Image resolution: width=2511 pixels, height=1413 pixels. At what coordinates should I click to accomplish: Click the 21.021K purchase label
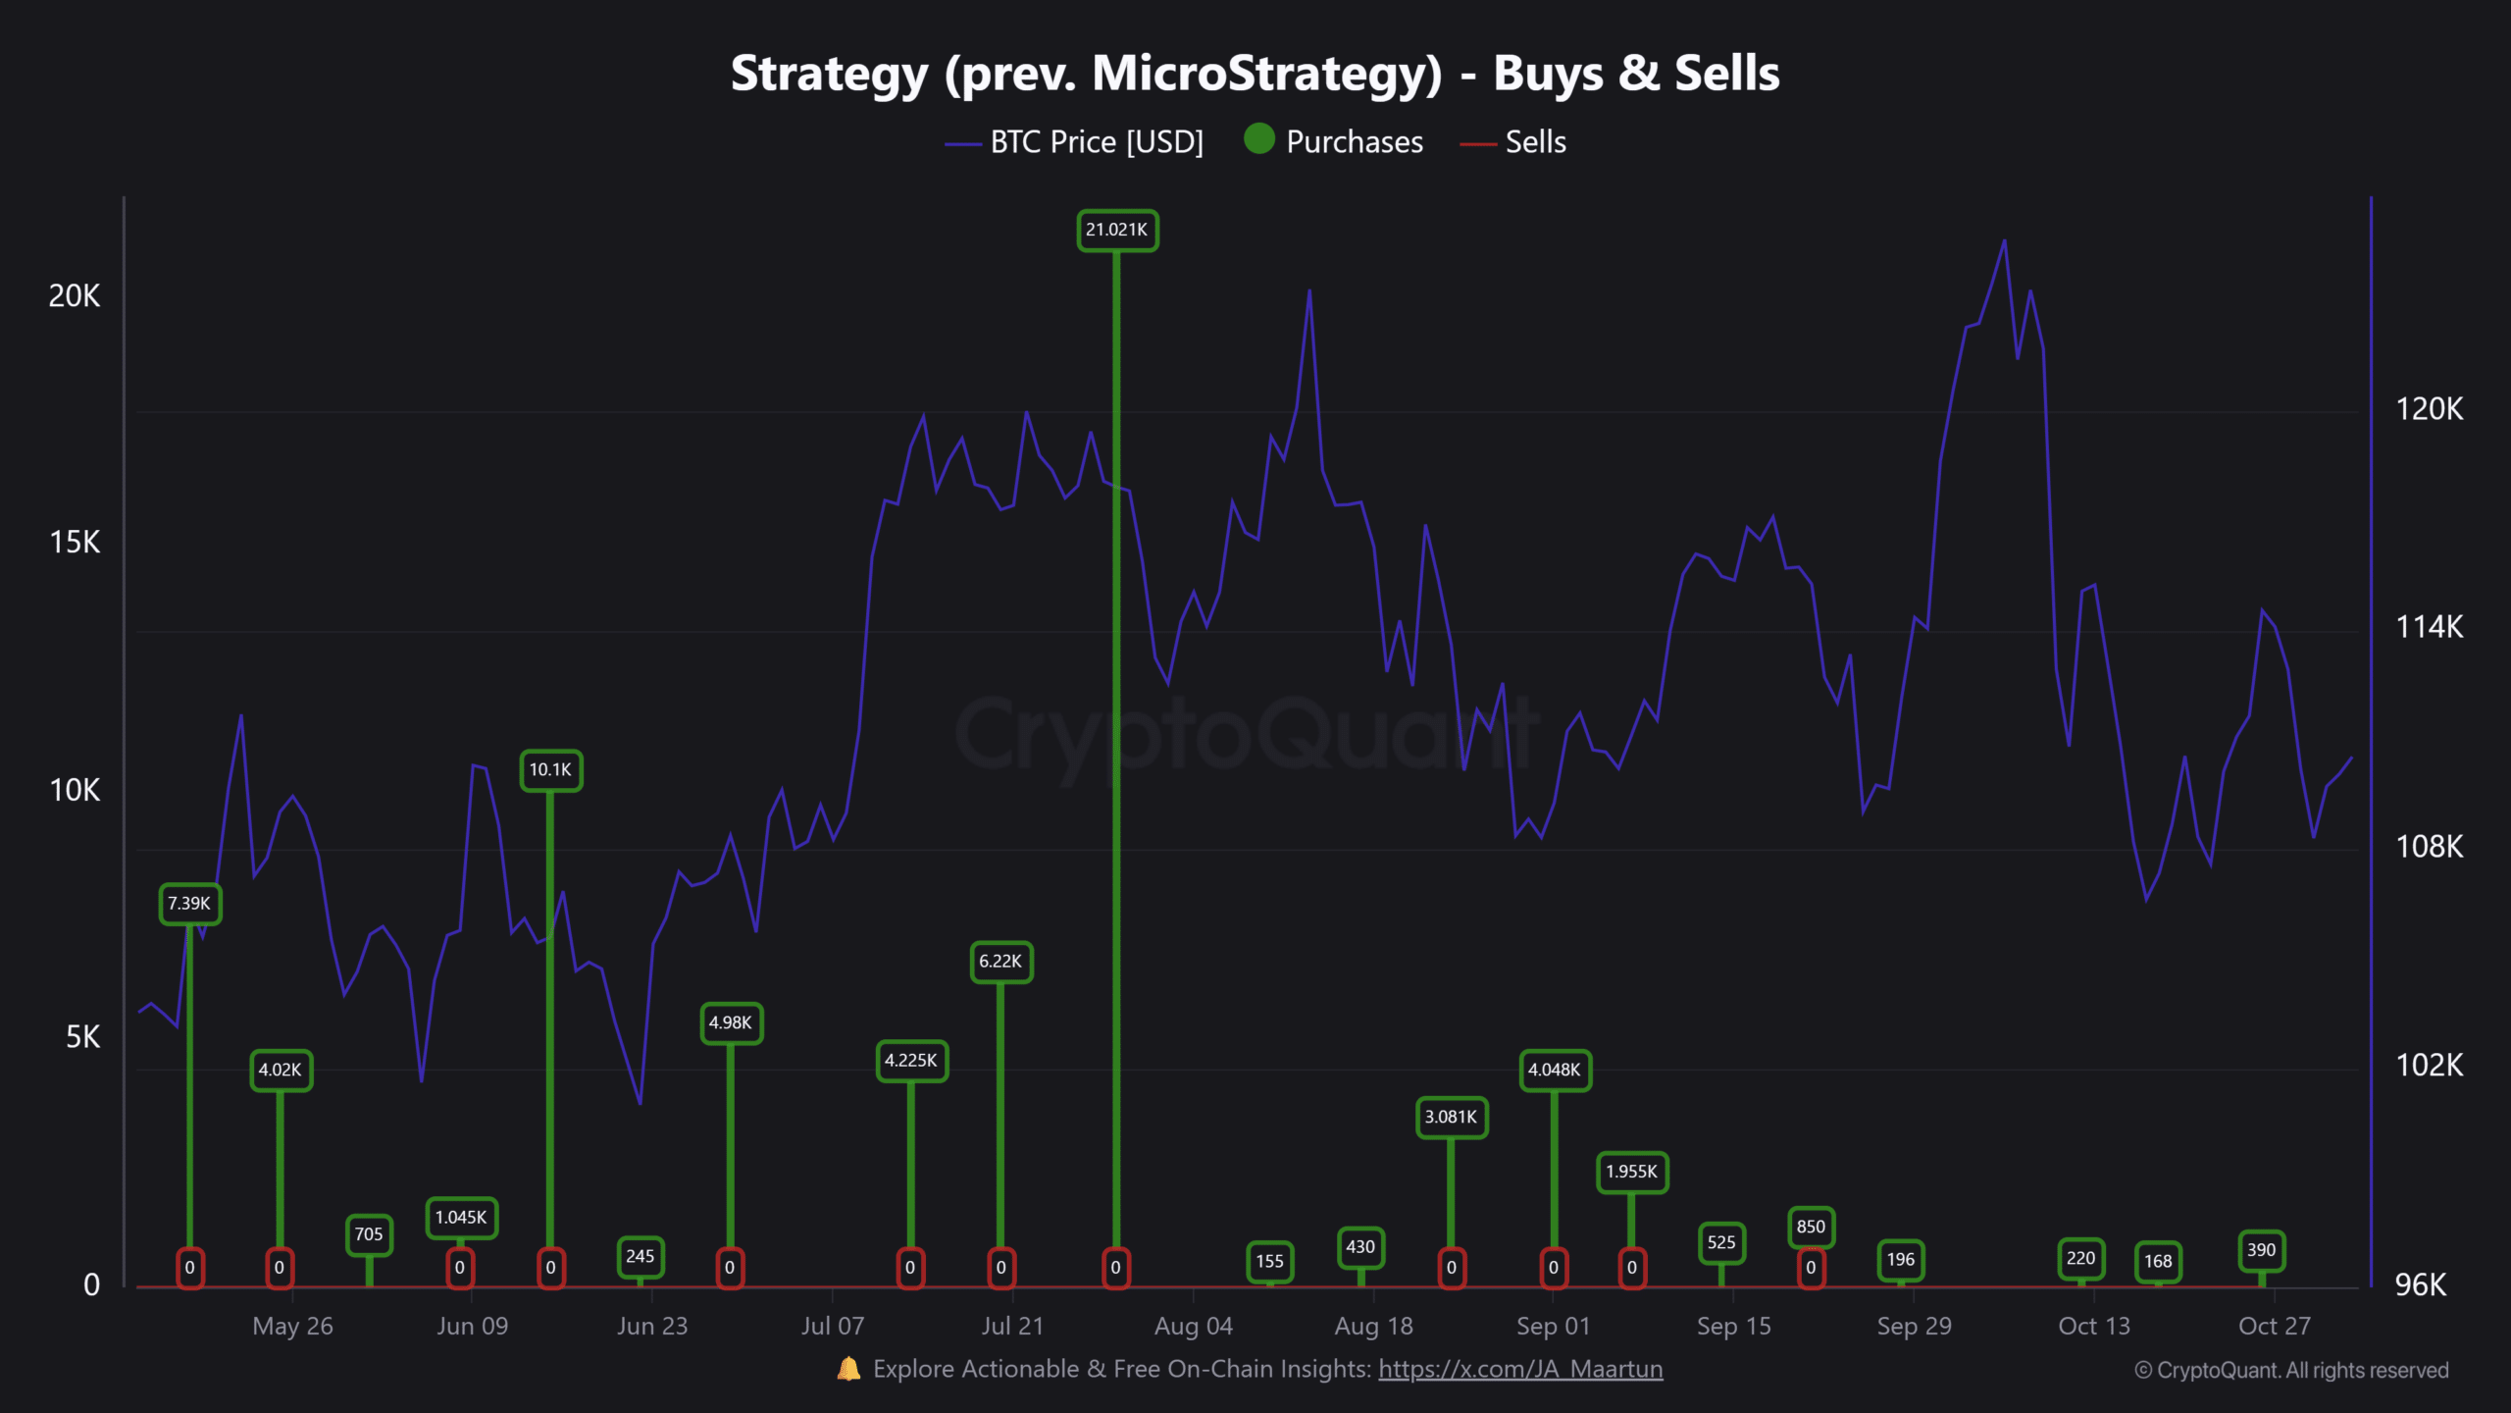[x=1116, y=231]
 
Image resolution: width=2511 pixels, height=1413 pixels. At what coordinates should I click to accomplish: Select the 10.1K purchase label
[x=550, y=770]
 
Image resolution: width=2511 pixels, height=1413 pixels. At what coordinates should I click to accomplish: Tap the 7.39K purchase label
[x=189, y=904]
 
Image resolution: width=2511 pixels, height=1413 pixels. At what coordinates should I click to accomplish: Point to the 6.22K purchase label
[x=1000, y=962]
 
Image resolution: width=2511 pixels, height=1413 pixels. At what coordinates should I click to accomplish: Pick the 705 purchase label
[x=369, y=1234]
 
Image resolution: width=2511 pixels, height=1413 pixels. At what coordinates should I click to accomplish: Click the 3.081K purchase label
[x=1451, y=1118]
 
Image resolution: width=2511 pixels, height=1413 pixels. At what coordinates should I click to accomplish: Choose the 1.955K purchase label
[x=1631, y=1172]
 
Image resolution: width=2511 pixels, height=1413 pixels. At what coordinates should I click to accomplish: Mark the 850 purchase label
[x=1811, y=1227]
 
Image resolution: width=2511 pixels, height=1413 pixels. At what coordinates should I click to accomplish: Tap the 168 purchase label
[x=2158, y=1261]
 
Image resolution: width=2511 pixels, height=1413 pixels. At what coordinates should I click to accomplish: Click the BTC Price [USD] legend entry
[x=1096, y=142]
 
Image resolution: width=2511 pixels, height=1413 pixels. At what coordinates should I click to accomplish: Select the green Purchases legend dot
[x=1259, y=139]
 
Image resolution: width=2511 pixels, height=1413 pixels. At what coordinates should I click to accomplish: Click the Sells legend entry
[x=1535, y=142]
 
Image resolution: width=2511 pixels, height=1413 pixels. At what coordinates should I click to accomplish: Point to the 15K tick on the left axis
[x=75, y=543]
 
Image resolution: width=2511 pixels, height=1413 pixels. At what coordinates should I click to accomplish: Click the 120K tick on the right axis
[x=2429, y=409]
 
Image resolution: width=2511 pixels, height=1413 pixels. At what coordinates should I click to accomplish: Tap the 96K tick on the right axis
[x=2421, y=1284]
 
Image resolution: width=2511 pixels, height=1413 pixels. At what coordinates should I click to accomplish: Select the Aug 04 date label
[x=1193, y=1327]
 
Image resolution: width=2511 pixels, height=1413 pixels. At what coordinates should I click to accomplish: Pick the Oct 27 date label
[x=2274, y=1327]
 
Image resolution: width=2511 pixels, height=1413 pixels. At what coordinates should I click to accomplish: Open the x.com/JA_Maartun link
[x=1520, y=1369]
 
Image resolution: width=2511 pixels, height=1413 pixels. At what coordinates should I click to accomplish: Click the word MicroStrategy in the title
[x=1266, y=74]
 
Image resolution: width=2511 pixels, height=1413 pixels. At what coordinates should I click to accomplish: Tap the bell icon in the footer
[x=848, y=1369]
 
